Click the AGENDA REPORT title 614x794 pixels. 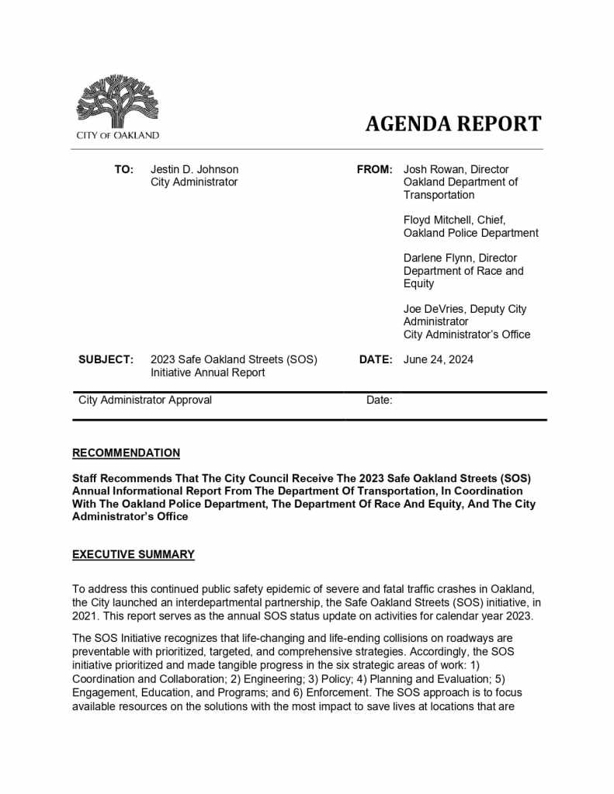(x=453, y=124)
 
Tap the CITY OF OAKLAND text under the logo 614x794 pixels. (x=117, y=136)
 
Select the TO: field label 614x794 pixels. (x=124, y=169)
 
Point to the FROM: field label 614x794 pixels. (x=374, y=169)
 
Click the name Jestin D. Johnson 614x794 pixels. (x=194, y=169)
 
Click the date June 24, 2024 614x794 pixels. (x=439, y=359)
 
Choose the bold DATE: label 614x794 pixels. (x=376, y=359)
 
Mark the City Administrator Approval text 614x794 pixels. (x=145, y=400)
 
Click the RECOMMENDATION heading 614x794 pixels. (x=126, y=452)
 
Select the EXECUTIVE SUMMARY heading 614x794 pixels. (x=134, y=554)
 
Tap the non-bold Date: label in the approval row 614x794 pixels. (x=379, y=400)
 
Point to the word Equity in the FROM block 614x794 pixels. (x=419, y=283)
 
